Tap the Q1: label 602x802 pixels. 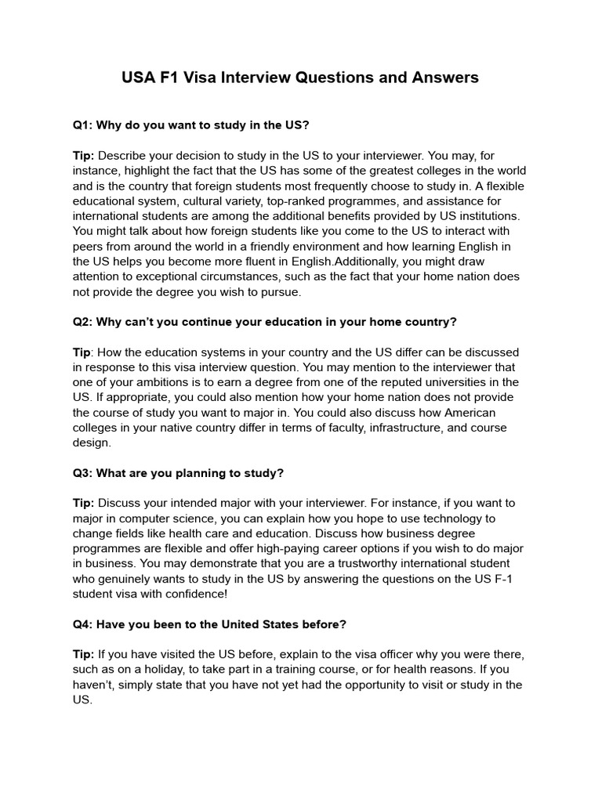point(84,125)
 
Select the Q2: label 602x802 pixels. point(84,323)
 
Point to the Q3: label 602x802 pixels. point(84,473)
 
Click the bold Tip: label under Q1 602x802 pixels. point(84,155)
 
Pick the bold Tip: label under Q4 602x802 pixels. point(84,654)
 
